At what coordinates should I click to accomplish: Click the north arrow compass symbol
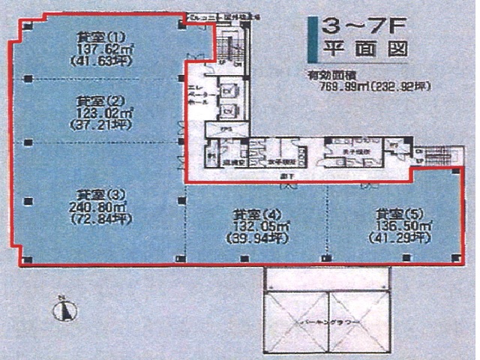coord(63,308)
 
